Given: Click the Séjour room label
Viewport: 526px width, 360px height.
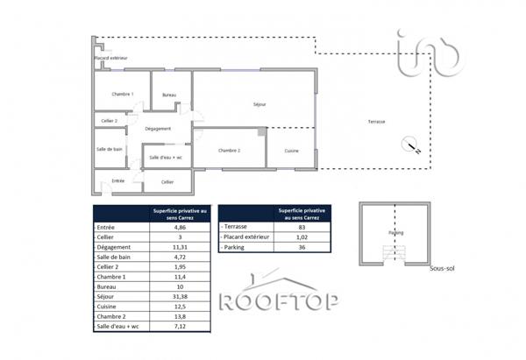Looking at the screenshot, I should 259,104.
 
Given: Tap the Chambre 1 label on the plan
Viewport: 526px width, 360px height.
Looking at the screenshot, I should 122,94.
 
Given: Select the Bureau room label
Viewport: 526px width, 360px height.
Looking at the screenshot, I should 169,95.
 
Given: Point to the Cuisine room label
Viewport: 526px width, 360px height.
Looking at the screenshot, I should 292,152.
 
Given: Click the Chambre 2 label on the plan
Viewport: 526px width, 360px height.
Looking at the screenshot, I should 230,150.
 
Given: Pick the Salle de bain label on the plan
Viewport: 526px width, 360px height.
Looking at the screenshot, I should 109,149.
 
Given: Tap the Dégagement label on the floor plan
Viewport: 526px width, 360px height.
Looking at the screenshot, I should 158,129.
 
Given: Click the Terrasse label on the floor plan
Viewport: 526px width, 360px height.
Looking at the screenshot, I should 377,121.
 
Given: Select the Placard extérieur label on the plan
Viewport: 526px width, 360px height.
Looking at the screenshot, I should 111,58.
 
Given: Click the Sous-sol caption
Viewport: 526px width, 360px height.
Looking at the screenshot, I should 440,269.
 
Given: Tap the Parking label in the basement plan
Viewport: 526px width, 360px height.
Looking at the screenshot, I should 397,233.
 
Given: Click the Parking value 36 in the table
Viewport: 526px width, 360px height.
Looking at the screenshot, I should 303,249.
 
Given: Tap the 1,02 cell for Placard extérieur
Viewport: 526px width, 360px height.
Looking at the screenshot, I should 303,237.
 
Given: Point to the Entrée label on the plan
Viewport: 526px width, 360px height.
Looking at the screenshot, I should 117,181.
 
